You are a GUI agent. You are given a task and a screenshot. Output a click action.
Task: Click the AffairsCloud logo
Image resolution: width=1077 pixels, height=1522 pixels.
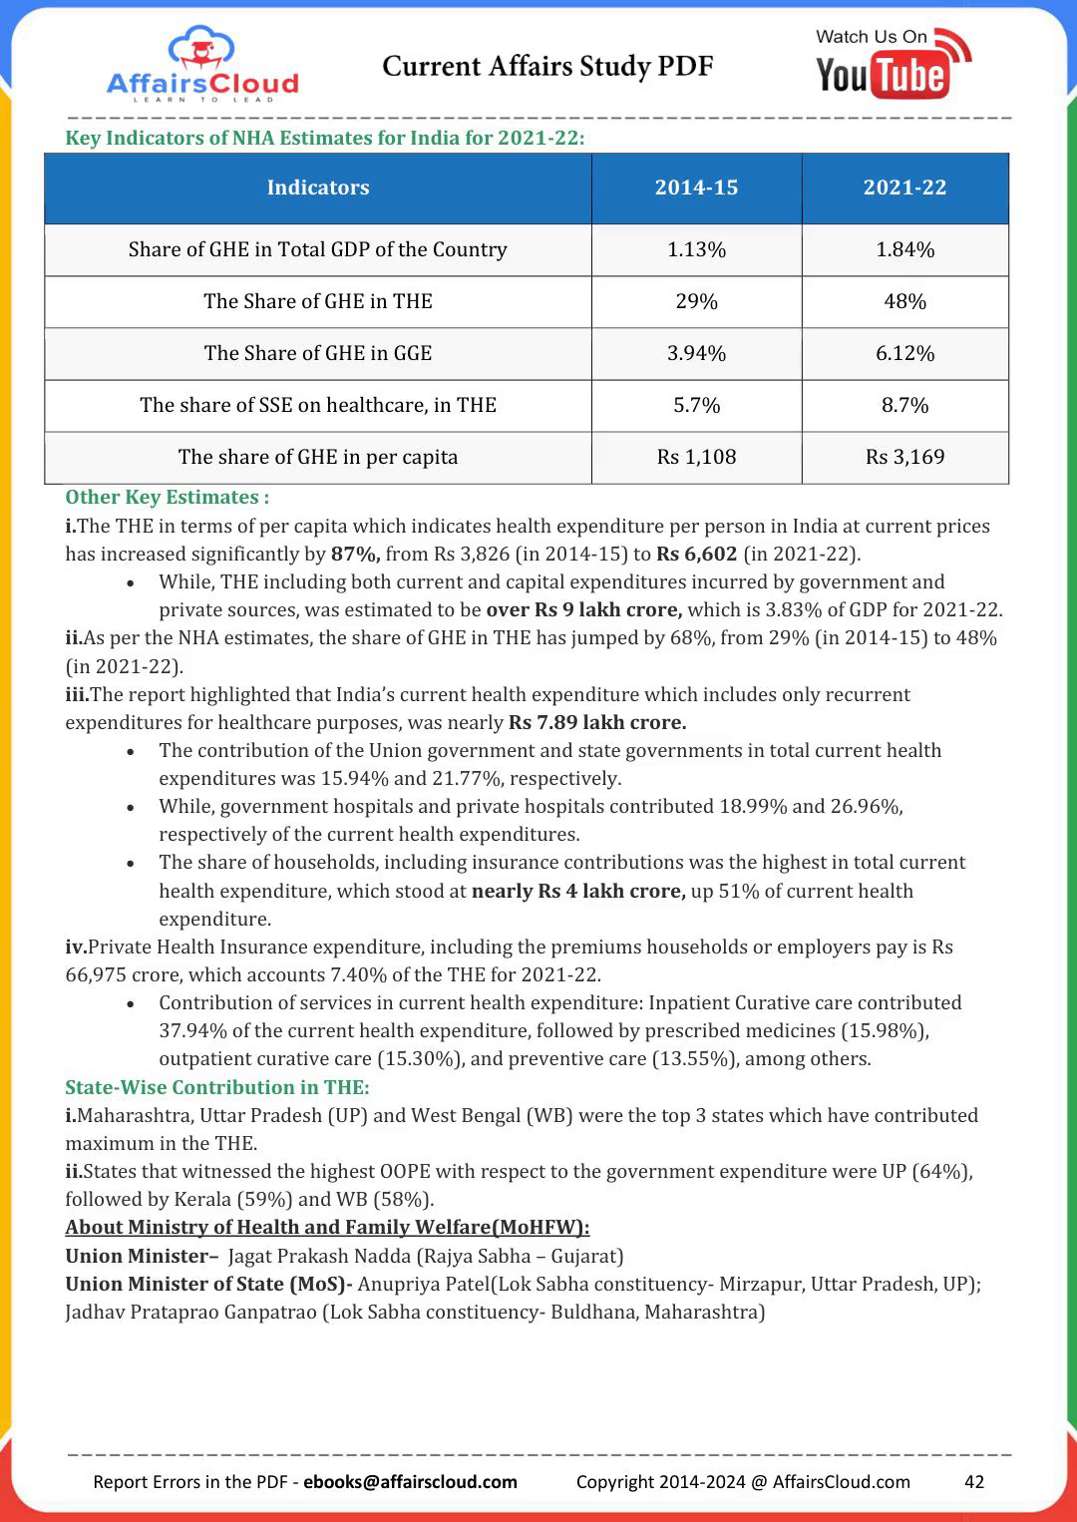(x=202, y=64)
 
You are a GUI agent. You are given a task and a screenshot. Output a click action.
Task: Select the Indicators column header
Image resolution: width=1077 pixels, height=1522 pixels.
(x=317, y=188)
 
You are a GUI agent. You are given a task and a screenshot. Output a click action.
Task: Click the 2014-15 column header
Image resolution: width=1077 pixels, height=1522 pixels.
(x=696, y=188)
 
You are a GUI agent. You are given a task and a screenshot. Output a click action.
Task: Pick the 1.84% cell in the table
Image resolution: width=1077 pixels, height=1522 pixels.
(x=904, y=249)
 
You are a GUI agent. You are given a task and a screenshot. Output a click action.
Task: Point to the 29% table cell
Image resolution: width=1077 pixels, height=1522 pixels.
(x=696, y=301)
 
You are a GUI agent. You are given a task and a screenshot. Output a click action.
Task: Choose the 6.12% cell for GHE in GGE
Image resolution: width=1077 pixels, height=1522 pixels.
(x=904, y=353)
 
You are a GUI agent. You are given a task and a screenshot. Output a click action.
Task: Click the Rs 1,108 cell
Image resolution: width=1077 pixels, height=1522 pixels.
(x=696, y=457)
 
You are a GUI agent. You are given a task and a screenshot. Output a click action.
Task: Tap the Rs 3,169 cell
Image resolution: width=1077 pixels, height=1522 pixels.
(x=904, y=457)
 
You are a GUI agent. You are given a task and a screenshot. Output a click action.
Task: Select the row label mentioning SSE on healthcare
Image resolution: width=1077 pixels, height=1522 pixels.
(x=317, y=405)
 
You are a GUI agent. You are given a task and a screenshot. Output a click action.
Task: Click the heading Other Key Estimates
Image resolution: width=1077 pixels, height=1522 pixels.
(x=167, y=497)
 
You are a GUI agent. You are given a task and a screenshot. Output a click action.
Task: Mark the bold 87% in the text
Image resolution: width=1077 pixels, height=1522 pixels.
(x=355, y=554)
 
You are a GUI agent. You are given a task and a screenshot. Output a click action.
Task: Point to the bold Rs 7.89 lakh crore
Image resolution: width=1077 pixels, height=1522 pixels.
(x=597, y=722)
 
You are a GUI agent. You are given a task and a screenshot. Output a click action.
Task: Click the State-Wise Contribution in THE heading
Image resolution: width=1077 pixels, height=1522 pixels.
(x=216, y=1087)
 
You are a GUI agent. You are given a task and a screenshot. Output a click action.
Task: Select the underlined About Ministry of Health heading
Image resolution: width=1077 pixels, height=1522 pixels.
(x=327, y=1227)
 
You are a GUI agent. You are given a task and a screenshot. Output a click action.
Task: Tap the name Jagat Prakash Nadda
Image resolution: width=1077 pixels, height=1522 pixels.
(x=319, y=1256)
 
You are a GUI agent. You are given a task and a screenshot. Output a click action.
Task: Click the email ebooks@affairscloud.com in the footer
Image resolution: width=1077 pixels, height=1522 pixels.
(x=410, y=1481)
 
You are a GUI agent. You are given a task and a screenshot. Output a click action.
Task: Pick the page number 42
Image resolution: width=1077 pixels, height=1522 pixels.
(x=974, y=1481)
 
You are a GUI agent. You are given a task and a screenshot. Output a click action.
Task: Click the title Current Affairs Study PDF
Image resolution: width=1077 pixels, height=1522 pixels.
(x=547, y=66)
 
